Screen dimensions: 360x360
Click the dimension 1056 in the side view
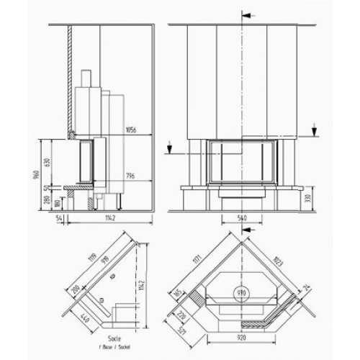[x=131, y=130]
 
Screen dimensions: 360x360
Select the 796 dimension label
[x=131, y=175]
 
